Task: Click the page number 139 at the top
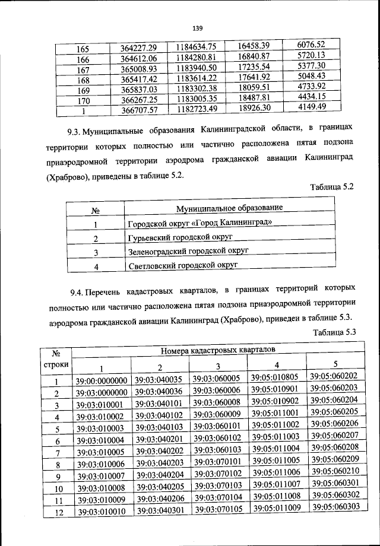(x=197, y=27)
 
